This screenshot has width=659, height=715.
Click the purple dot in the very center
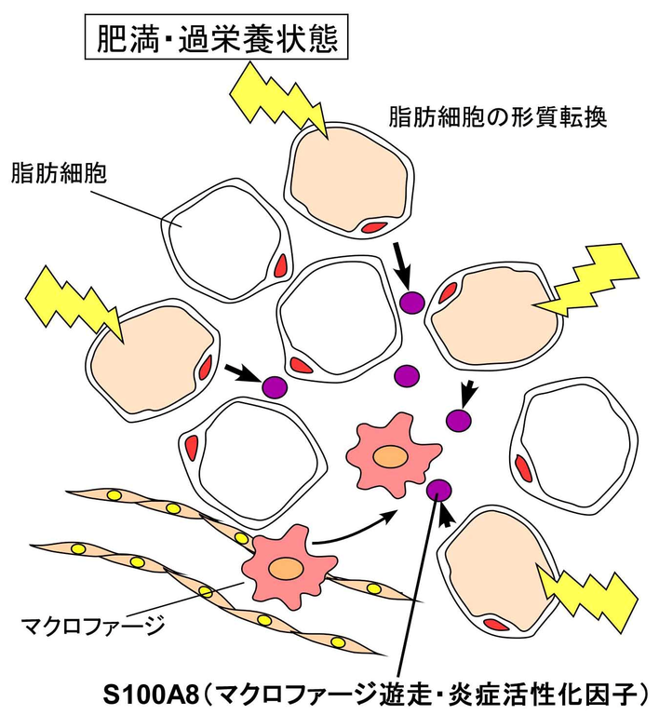tap(407, 376)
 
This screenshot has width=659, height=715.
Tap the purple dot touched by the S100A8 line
tap(439, 489)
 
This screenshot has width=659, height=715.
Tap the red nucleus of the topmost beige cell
tap(374, 226)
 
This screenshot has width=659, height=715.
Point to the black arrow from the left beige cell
tap(244, 373)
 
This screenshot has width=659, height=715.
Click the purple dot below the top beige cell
tap(411, 301)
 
